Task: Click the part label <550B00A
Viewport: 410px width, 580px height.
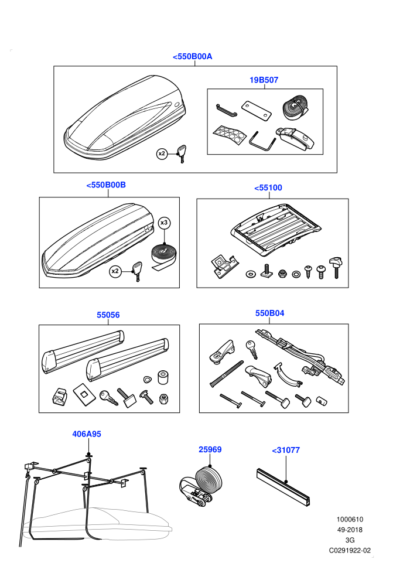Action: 192,57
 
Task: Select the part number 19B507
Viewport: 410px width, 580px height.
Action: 264,80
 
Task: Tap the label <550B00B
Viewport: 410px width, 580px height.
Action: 106,185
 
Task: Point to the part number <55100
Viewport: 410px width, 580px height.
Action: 268,188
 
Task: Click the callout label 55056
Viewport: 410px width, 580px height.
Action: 108,315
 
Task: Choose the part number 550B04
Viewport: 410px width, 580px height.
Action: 269,313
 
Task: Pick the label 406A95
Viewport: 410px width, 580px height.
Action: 87,434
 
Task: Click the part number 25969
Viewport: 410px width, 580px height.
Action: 210,449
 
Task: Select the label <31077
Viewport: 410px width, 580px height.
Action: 286,450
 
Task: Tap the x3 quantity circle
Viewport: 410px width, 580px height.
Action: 164,223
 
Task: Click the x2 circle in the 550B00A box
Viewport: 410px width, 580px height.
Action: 162,153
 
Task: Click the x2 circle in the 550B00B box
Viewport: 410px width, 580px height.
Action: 115,271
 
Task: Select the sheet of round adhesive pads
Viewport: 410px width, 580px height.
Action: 229,135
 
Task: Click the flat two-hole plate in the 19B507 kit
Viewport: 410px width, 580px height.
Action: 257,111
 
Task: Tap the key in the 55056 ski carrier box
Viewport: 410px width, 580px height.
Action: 108,398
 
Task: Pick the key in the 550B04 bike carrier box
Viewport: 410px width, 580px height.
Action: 252,349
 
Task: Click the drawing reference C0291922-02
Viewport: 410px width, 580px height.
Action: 350,550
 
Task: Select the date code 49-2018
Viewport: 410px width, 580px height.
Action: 350,530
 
